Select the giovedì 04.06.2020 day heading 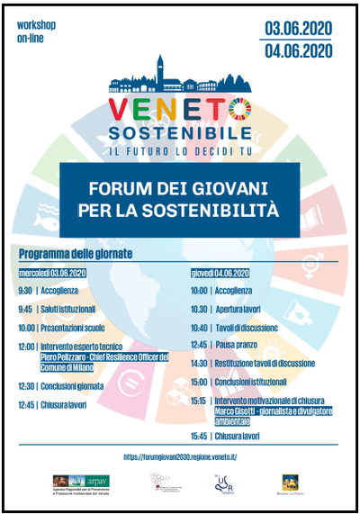click(219, 272)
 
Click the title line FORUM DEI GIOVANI click(180, 190)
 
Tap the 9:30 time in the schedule click(24, 291)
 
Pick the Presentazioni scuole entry click(78, 327)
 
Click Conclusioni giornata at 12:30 click(79, 385)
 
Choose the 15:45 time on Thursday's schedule click(200, 436)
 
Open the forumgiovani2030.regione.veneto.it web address click(180, 456)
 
